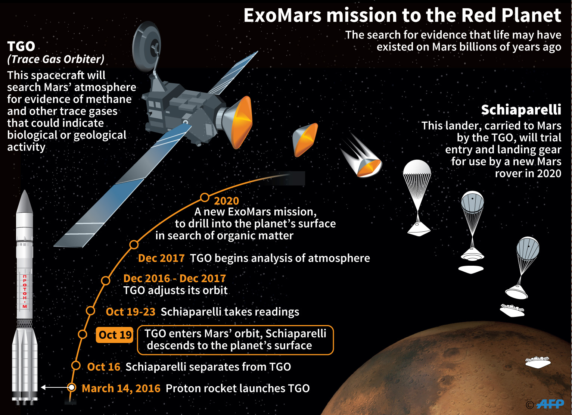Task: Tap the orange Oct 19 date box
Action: [114, 335]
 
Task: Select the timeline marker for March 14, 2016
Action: [72, 388]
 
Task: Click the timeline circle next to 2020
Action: [205, 197]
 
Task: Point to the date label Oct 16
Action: [104, 367]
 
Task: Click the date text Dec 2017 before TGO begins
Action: [161, 258]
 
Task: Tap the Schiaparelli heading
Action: [521, 110]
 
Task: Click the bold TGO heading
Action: [21, 46]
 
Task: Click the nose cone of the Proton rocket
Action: [25, 202]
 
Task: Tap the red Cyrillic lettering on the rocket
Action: [25, 291]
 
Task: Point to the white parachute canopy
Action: [417, 167]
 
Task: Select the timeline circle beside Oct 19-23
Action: [90, 311]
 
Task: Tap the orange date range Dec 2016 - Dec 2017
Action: [175, 278]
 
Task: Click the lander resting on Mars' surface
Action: [538, 362]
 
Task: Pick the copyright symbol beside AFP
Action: [530, 405]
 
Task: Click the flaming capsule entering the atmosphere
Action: [361, 156]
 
